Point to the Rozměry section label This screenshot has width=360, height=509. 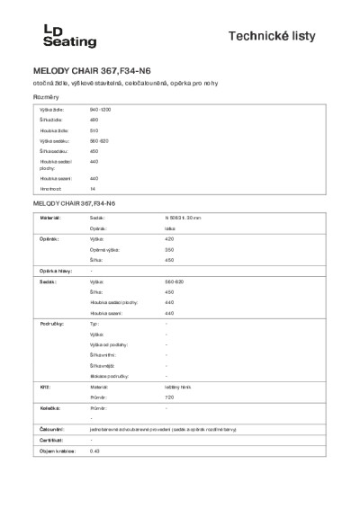pyautogui.click(x=47, y=95)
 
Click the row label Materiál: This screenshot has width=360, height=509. pyautogui.click(x=49, y=218)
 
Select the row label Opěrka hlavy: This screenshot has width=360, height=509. pyautogui.click(x=55, y=271)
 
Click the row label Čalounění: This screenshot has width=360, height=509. pyautogui.click(x=52, y=430)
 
